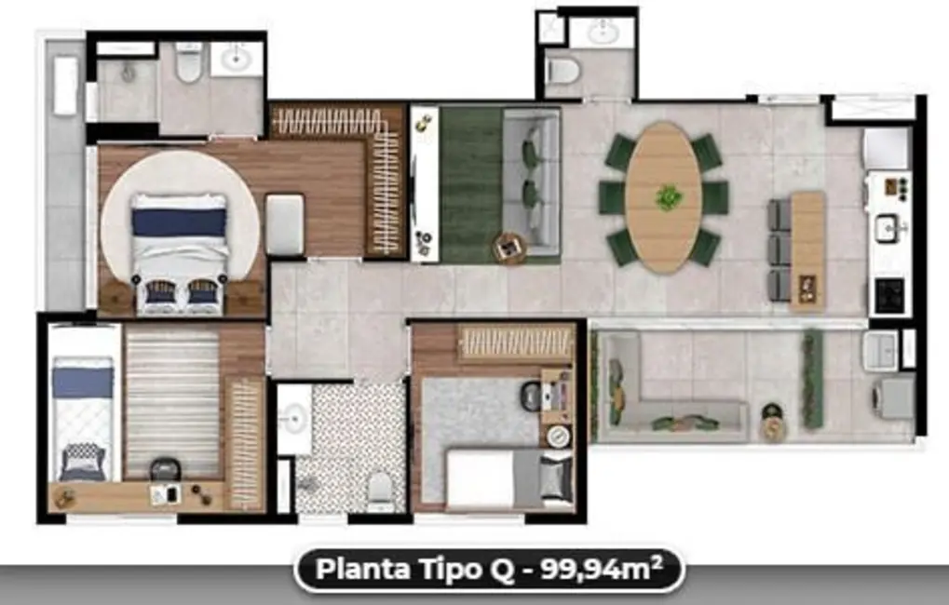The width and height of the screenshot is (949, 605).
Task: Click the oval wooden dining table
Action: click(663, 197)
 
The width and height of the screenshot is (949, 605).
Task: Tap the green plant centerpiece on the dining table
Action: click(667, 196)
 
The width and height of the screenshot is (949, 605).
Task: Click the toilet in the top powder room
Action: click(563, 68)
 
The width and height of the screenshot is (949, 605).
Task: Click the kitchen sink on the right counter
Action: click(887, 226)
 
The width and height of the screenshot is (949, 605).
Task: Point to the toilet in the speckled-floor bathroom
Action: click(380, 488)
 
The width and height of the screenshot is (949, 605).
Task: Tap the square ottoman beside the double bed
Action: click(284, 224)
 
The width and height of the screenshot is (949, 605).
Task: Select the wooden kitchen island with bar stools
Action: click(807, 249)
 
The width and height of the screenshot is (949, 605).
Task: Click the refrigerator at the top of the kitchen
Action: click(886, 147)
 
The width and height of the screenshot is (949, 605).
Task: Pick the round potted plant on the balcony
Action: click(773, 424)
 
